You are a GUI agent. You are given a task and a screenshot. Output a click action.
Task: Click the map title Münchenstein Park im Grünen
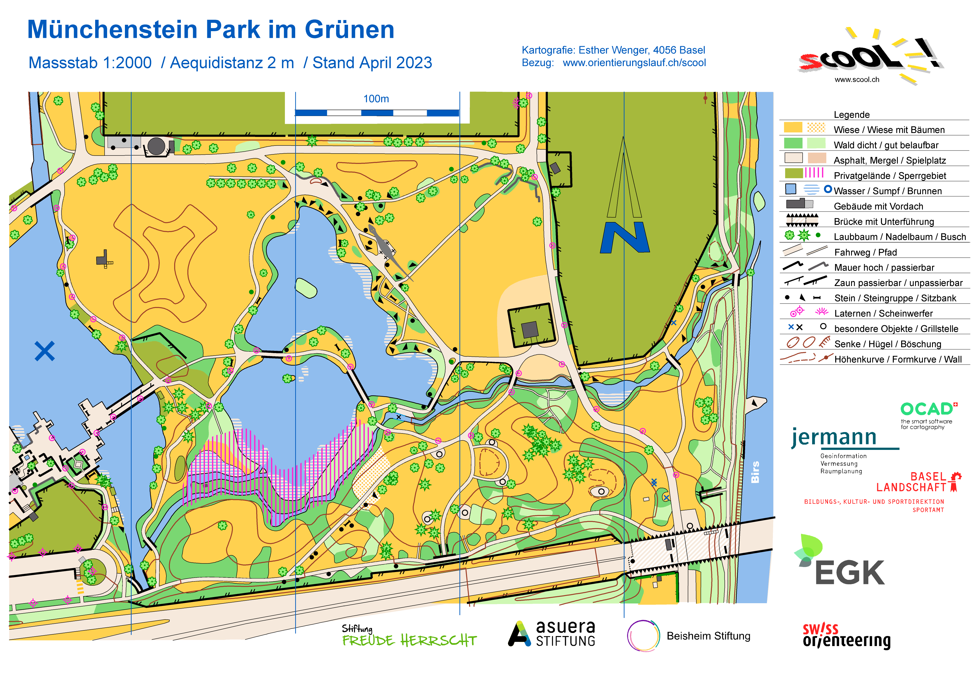tap(211, 30)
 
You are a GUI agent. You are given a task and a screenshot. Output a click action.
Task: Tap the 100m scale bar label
tap(376, 99)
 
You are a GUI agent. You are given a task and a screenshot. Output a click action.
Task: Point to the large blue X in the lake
tap(45, 351)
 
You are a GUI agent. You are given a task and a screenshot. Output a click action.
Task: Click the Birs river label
tap(755, 472)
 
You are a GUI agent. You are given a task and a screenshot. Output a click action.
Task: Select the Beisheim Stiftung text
tap(708, 636)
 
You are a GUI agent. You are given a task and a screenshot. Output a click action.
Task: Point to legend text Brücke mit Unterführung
tap(884, 221)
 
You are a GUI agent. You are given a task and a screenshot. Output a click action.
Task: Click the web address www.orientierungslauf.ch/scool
tap(634, 63)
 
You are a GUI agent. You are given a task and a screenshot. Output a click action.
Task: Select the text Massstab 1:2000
tap(90, 63)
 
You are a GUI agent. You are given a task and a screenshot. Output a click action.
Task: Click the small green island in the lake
tap(306, 288)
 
